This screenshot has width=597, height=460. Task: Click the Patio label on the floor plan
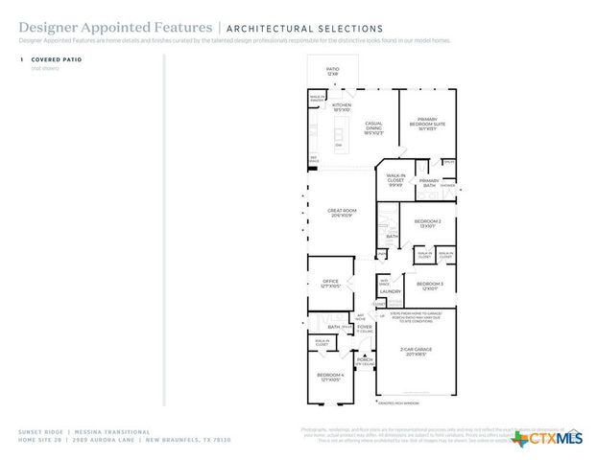[x=332, y=71]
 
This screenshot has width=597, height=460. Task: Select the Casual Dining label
[x=374, y=126]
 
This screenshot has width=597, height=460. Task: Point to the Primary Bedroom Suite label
[x=427, y=123]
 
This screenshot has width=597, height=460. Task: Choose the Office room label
[x=329, y=283]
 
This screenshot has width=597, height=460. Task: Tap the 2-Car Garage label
[x=416, y=352]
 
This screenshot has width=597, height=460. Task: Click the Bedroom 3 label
[x=428, y=286]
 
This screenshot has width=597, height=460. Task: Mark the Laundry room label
[x=390, y=291]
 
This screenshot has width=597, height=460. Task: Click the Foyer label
[x=364, y=329]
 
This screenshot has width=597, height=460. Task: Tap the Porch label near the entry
[x=364, y=362]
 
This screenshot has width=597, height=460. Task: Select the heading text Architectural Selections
[x=304, y=29]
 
